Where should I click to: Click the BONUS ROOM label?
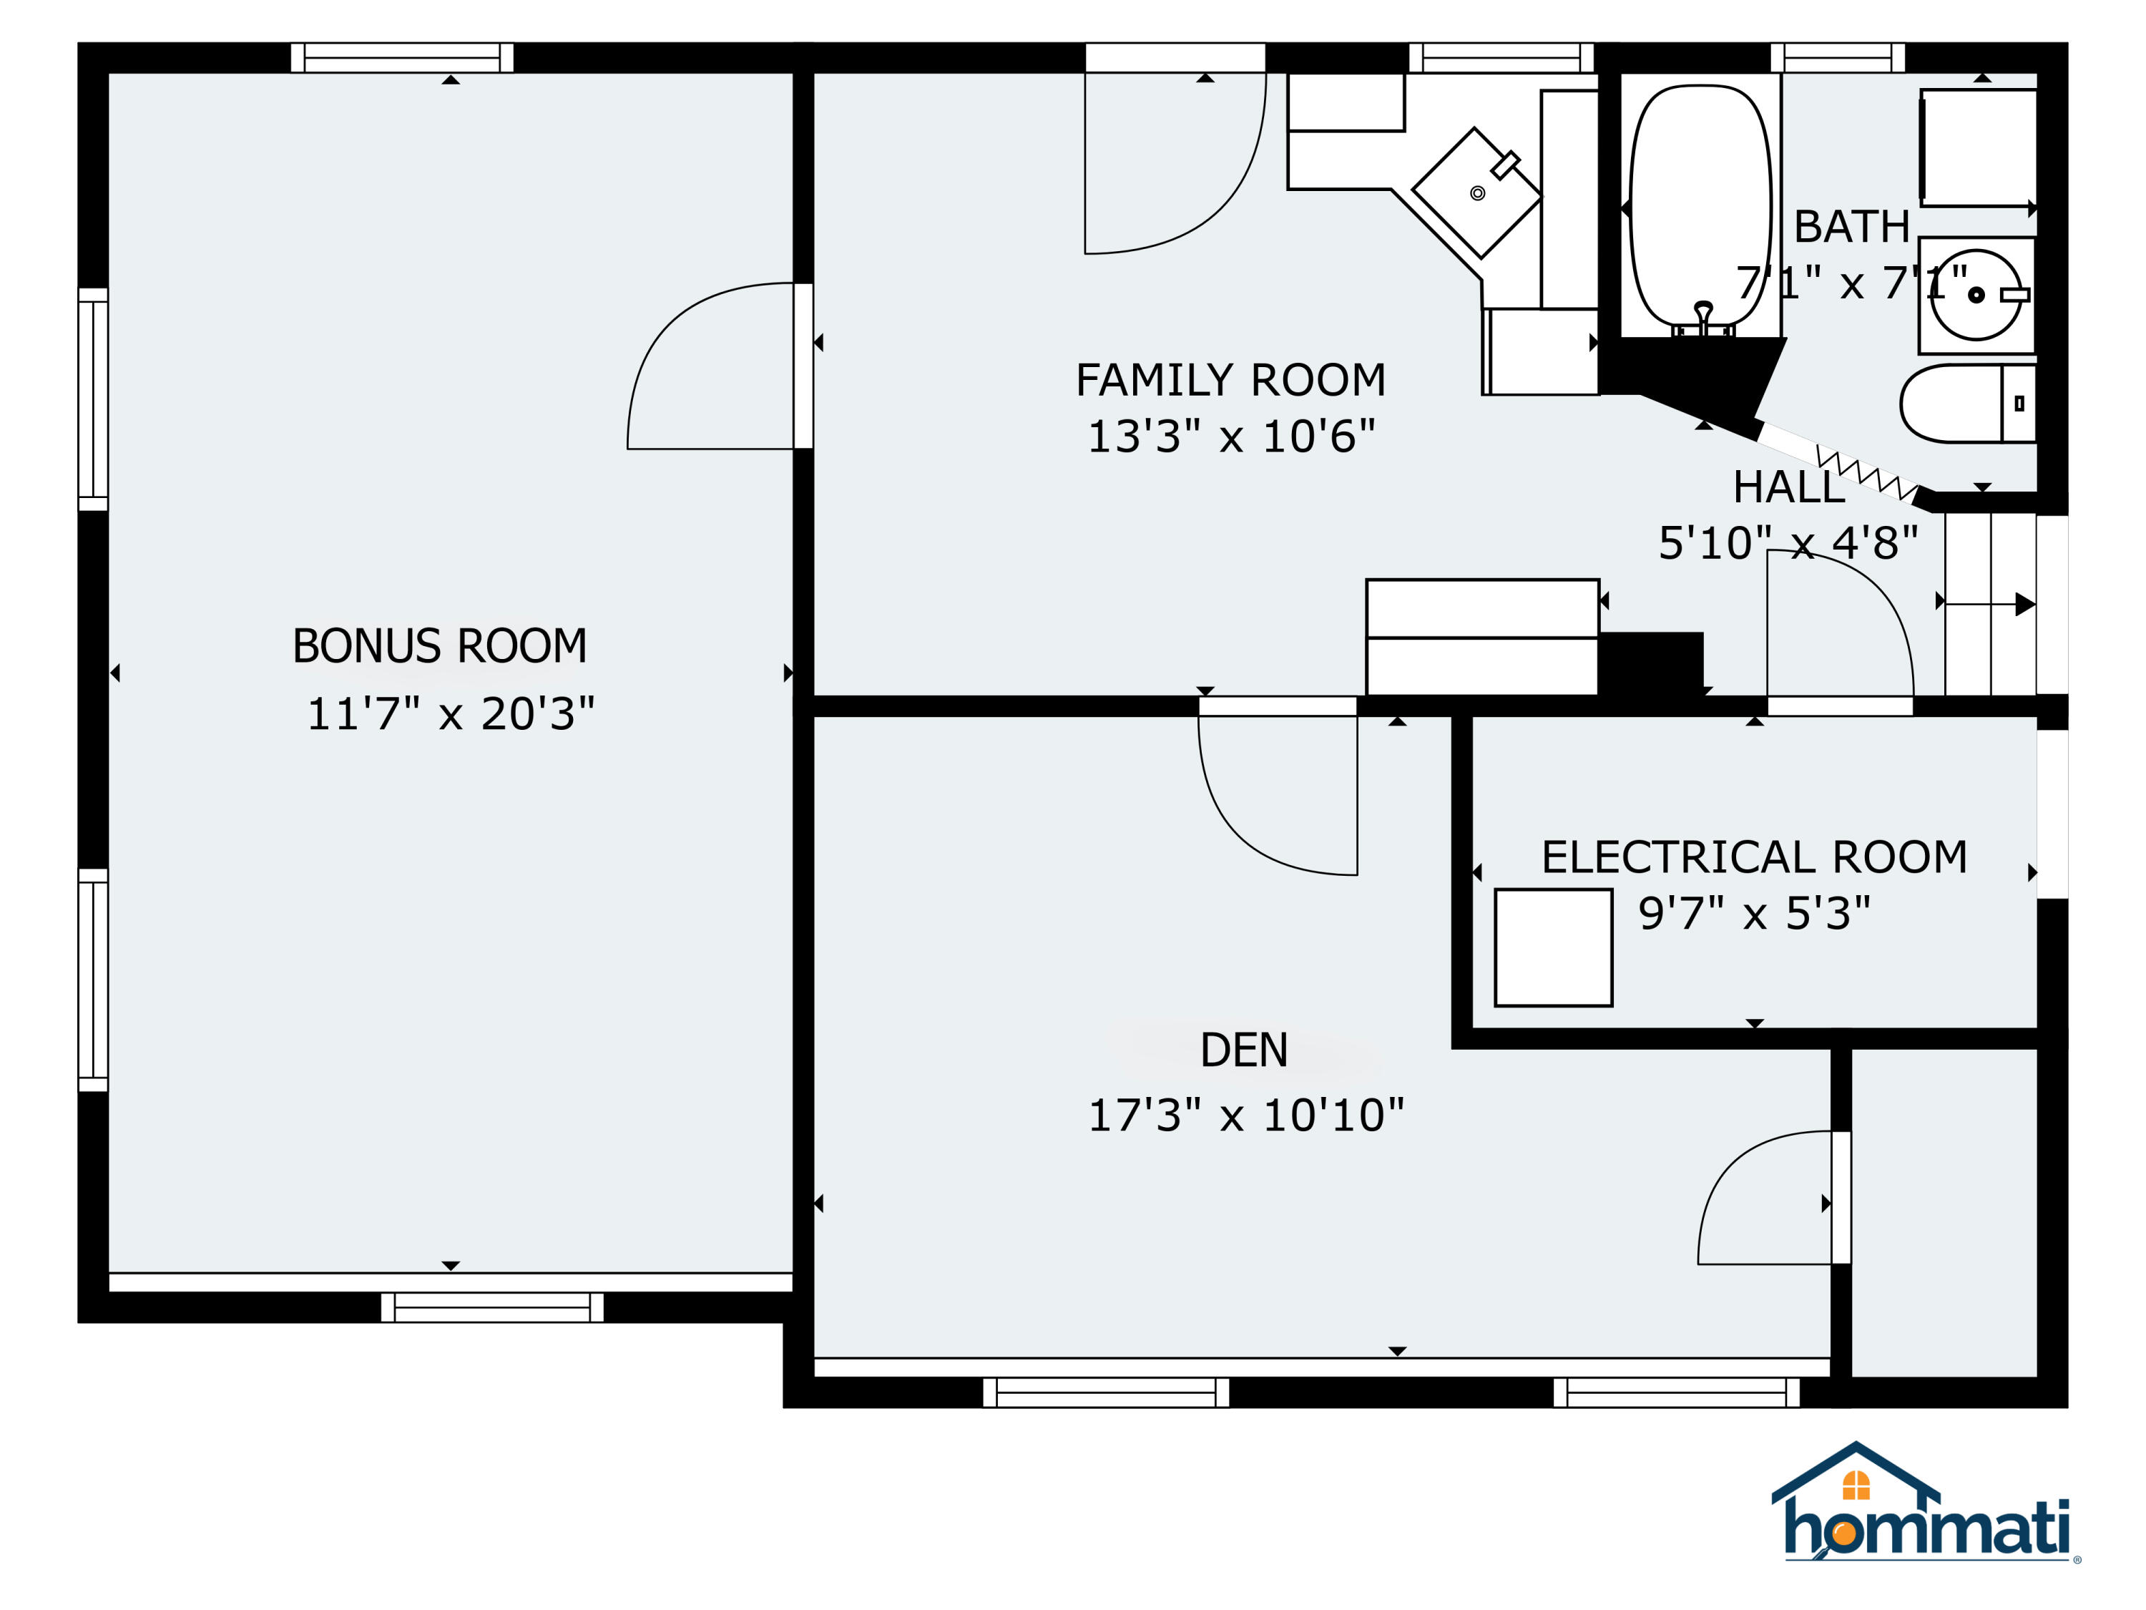pos(439,646)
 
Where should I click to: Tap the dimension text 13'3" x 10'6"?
pos(1230,436)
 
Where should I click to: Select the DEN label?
pos(1244,1050)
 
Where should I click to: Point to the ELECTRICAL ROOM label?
pos(1754,857)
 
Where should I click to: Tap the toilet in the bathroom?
pos(1966,404)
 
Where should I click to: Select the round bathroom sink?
pos(1975,295)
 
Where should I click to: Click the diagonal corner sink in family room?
pos(1476,193)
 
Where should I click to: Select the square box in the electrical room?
pos(1552,947)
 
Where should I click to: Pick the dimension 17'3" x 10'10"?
pos(1245,1116)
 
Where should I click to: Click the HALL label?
pos(1788,487)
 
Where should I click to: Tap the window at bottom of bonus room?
pos(492,1307)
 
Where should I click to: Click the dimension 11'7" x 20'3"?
pos(450,714)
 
